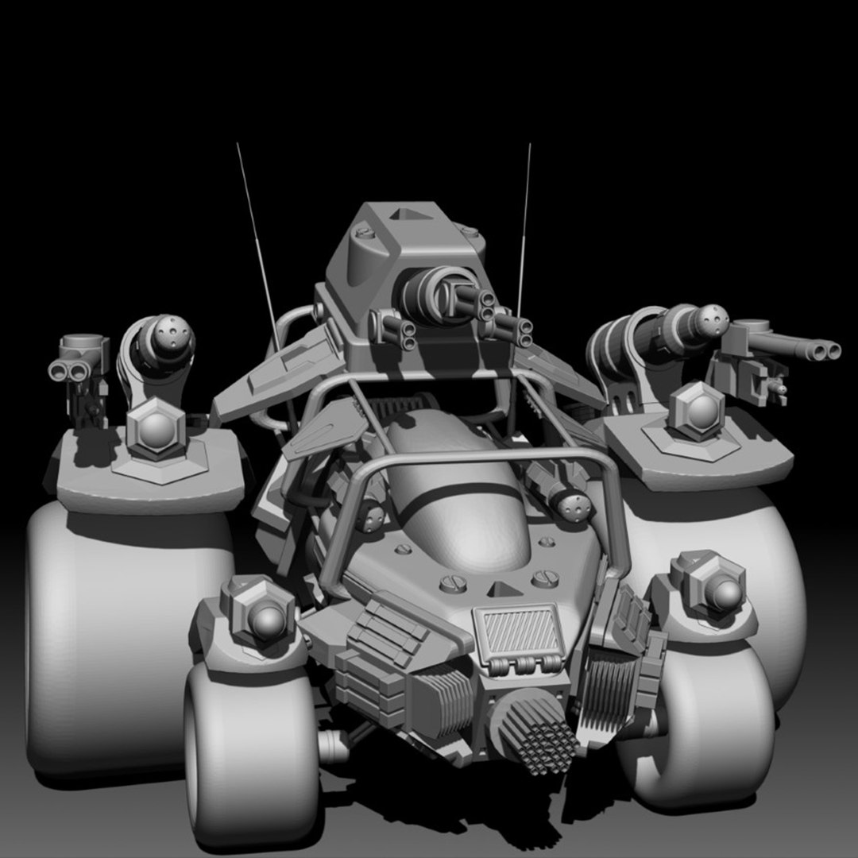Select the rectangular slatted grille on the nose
pos(519,628)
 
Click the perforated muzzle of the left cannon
pos(173,333)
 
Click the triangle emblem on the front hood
pos(500,589)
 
